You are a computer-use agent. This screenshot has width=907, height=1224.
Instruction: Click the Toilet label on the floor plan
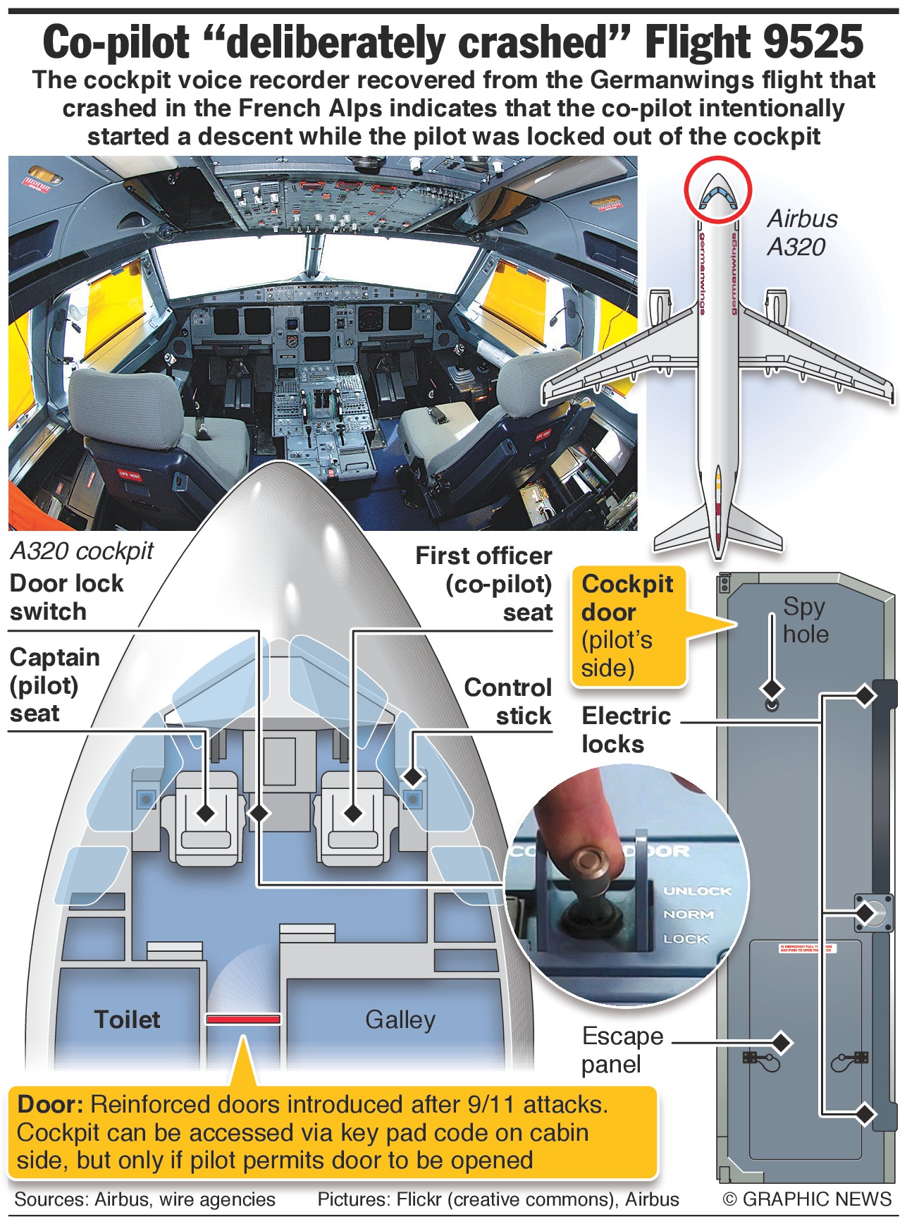pyautogui.click(x=128, y=1020)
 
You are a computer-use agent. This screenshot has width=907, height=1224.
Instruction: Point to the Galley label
pyautogui.click(x=400, y=1020)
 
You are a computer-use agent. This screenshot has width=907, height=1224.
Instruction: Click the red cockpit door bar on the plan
pyautogui.click(x=243, y=1019)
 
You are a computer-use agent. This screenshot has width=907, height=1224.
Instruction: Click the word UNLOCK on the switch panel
pyautogui.click(x=697, y=891)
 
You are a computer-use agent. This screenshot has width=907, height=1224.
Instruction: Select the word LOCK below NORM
pyautogui.click(x=686, y=939)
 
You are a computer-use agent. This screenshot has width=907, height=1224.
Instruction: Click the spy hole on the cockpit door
pyautogui.click(x=772, y=704)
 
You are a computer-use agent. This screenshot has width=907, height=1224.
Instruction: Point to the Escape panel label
pyautogui.click(x=622, y=1050)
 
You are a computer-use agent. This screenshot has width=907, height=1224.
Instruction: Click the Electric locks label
pyautogui.click(x=627, y=730)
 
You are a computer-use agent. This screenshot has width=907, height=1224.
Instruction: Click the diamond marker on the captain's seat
pyautogui.click(x=206, y=813)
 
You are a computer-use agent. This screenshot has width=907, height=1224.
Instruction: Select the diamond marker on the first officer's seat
pyautogui.click(x=353, y=813)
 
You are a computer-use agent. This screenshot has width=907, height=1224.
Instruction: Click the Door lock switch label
pyautogui.click(x=67, y=597)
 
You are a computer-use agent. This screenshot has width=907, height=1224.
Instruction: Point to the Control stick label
pyautogui.click(x=508, y=702)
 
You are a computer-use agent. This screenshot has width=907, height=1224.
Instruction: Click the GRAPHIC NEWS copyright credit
pyautogui.click(x=808, y=1199)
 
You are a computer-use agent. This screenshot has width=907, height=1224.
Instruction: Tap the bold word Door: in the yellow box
pyautogui.click(x=51, y=1104)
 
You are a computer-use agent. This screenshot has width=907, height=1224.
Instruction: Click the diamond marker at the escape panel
pyautogui.click(x=781, y=1042)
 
